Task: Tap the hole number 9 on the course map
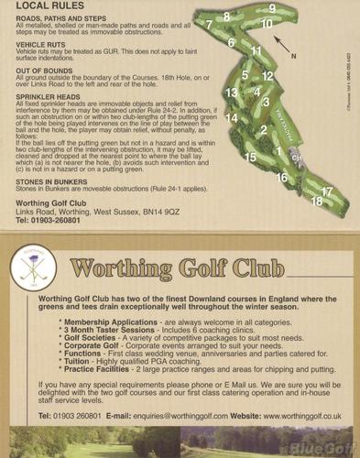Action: coord(270,7)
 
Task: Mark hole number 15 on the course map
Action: coord(250,157)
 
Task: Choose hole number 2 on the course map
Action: coord(263,130)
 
